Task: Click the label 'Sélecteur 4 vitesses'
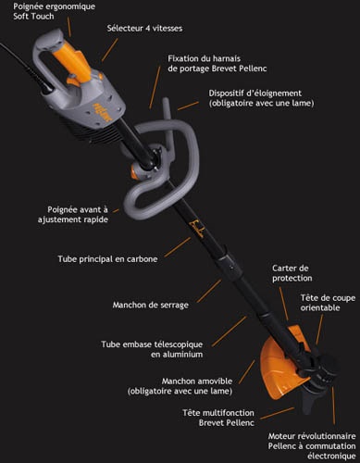coord(144,29)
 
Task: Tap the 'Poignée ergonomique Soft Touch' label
coord(54,11)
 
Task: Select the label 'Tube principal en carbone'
coord(107,259)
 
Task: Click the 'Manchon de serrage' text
coord(151,305)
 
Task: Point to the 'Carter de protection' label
coord(292,273)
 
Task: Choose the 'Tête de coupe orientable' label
coord(328,303)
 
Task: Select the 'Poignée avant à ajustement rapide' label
coord(73,215)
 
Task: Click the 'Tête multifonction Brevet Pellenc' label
coord(218,418)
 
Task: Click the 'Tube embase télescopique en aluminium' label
coord(152,349)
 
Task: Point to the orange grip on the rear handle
coord(71,61)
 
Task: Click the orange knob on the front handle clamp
coord(135,171)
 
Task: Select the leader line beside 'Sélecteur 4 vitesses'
coord(109,50)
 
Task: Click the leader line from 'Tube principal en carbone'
coord(178,247)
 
